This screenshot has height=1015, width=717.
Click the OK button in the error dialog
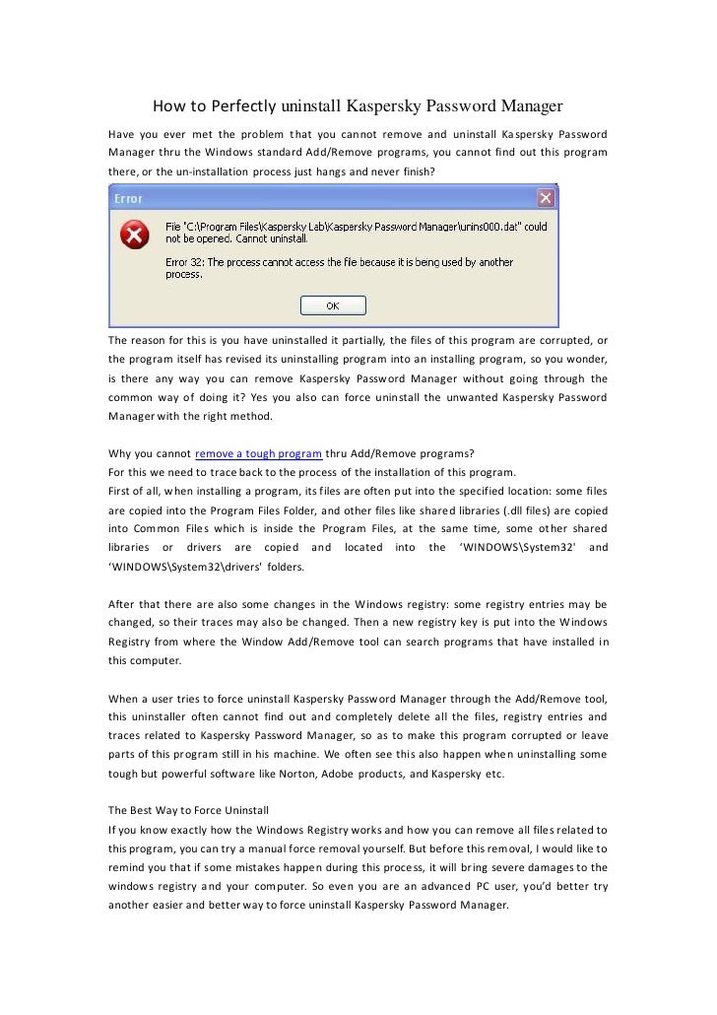pos(332,305)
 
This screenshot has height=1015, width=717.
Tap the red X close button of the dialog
pos(545,198)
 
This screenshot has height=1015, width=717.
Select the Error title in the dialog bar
pos(130,198)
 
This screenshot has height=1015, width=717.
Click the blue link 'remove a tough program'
pos(259,453)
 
